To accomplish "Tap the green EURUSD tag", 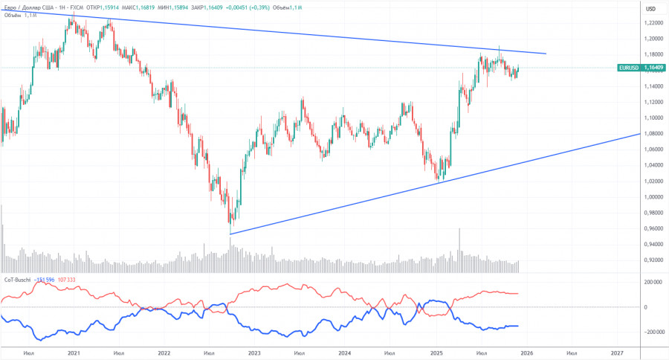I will pyautogui.click(x=628, y=68).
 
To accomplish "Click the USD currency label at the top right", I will pyautogui.click(x=650, y=8).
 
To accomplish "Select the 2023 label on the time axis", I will pyautogui.click(x=254, y=353).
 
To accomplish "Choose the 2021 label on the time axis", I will pyautogui.click(x=74, y=353).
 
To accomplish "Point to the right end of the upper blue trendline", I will pyautogui.click(x=546, y=54).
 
